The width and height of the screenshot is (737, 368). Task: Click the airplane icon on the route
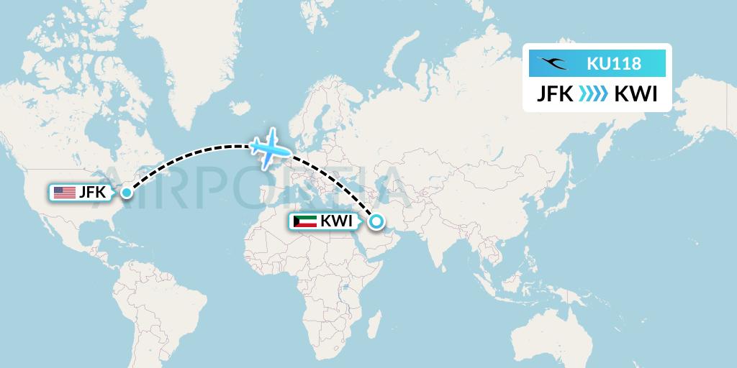pos(270,147)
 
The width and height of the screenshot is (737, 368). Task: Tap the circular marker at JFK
pos(127,192)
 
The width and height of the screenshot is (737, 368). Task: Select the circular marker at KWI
pos(375,222)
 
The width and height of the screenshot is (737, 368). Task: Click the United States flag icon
pos(64,192)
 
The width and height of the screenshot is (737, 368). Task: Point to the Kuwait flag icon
pos(305,221)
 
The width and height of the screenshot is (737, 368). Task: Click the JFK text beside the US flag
pos(91,192)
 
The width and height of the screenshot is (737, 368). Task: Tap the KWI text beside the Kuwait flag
pos(336,221)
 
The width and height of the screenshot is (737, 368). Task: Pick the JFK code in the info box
pos(556,95)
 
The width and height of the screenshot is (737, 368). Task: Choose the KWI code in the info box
pos(636,95)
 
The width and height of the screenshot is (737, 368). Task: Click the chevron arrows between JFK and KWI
pos(594,95)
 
